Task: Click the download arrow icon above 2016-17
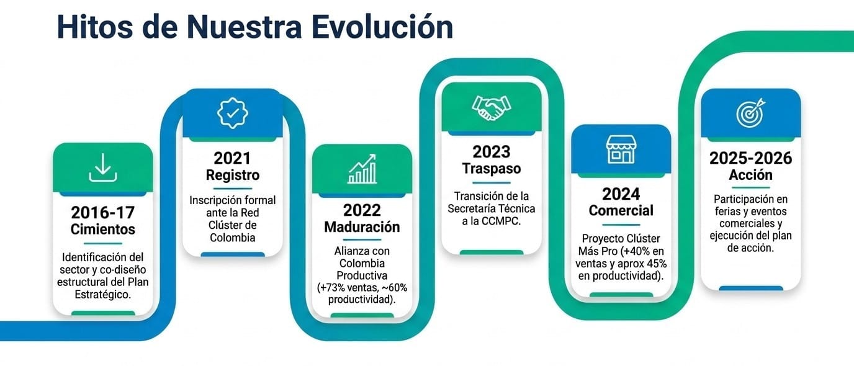(x=103, y=167)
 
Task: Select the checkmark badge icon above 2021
(x=233, y=113)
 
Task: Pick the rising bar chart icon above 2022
(x=362, y=169)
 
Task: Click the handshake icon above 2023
(x=492, y=107)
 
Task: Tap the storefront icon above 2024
(x=621, y=150)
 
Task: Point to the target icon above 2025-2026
(x=751, y=112)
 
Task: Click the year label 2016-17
(x=103, y=212)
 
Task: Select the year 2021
(x=232, y=158)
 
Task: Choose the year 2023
(x=492, y=152)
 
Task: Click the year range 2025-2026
(x=751, y=158)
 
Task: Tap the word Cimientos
(x=103, y=229)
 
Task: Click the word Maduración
(x=362, y=227)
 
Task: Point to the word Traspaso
(x=492, y=169)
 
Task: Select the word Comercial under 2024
(x=621, y=210)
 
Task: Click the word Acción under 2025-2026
(x=751, y=175)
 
